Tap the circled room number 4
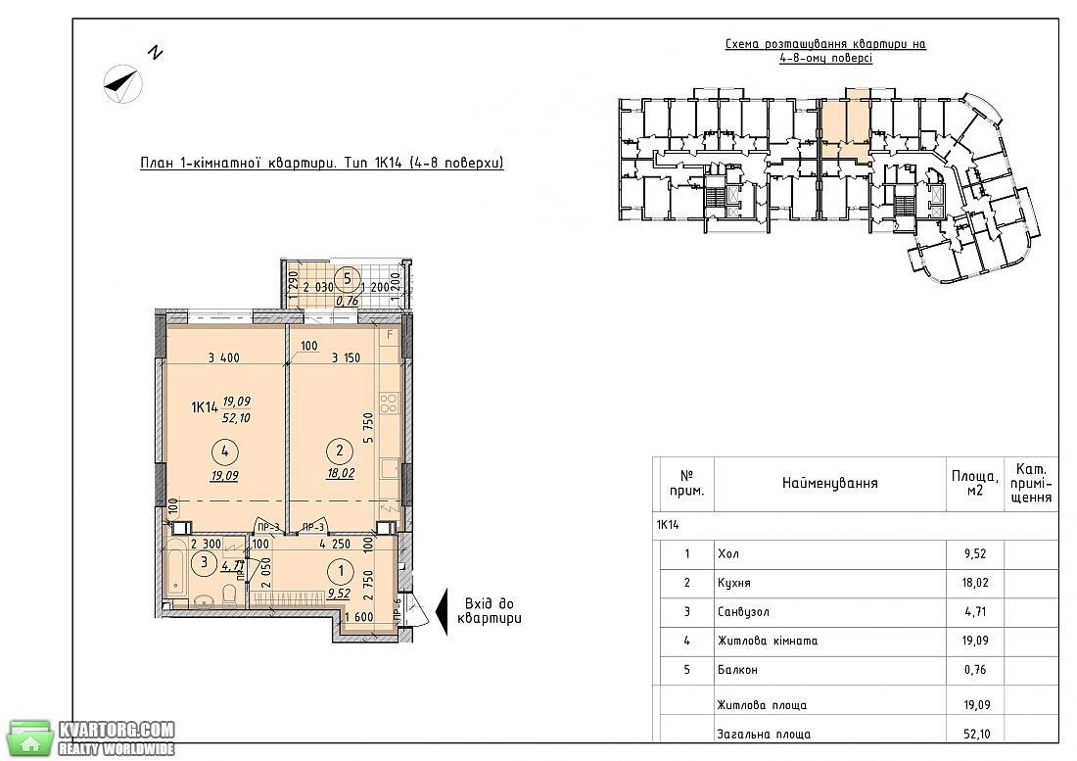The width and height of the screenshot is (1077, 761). coord(225,452)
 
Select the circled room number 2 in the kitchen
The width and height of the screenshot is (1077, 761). coord(340,451)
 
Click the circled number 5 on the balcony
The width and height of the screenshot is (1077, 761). coord(347,278)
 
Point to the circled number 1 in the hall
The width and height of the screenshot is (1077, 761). coord(342,571)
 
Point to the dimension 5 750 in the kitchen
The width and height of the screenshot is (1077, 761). coord(368,428)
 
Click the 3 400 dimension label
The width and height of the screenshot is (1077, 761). coord(224,357)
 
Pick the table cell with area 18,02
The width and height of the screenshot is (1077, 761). coord(975,583)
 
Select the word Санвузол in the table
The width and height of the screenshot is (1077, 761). coord(743,611)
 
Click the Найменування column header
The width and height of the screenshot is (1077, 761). coord(829,483)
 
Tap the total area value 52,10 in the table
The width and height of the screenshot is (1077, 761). coord(977,734)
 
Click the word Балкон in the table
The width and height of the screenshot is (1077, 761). coord(737,669)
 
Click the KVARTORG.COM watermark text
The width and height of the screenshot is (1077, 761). coord(117,729)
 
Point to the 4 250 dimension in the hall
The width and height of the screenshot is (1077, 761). coord(335,544)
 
